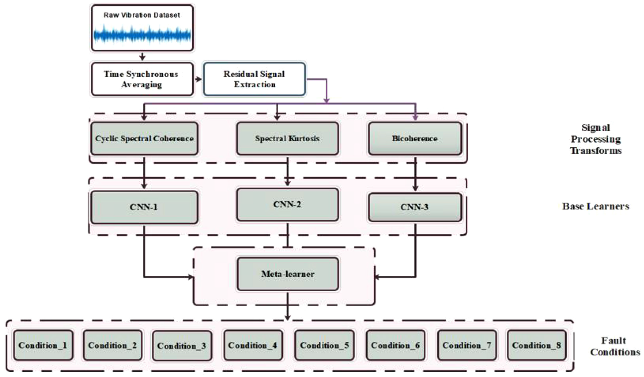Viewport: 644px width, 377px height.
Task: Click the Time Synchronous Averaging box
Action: [x=142, y=79]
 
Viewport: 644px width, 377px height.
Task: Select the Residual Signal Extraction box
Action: [x=254, y=79]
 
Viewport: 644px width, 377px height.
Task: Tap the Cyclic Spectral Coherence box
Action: [x=144, y=138]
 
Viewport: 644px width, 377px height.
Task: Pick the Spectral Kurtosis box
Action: [x=288, y=138]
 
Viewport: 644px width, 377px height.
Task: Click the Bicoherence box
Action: [x=415, y=138]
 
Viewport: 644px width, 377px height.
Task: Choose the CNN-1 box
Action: [x=144, y=207]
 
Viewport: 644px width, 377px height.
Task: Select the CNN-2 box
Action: [x=288, y=205]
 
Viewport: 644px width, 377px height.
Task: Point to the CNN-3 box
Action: [x=415, y=207]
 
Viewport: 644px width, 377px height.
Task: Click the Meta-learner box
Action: [x=288, y=274]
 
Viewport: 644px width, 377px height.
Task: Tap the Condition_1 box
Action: [x=43, y=345]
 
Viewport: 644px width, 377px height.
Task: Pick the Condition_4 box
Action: [x=253, y=345]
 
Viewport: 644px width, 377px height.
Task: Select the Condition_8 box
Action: [x=537, y=345]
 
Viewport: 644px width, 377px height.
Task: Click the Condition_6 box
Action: [x=395, y=345]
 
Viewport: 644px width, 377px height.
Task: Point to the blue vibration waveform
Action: [x=142, y=35]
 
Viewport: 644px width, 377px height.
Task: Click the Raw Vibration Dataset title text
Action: [x=142, y=15]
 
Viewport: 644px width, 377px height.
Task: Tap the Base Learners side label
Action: [x=596, y=206]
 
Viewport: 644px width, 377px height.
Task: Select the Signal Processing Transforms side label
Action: [x=596, y=139]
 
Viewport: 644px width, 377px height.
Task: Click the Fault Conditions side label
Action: [x=615, y=346]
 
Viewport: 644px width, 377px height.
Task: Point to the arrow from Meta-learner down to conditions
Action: [x=288, y=306]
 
